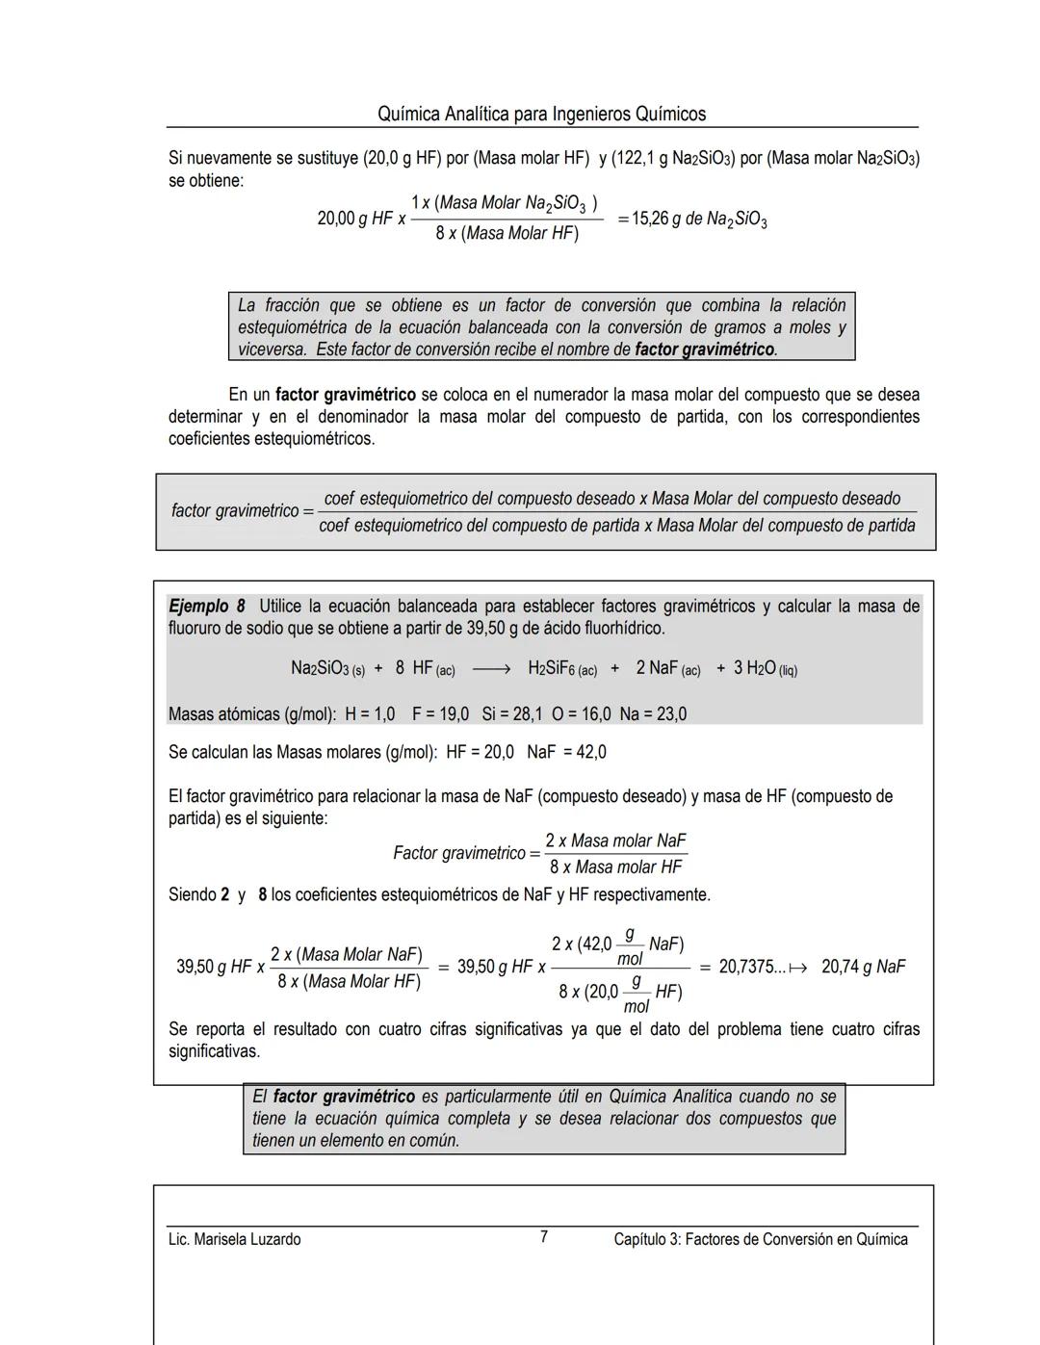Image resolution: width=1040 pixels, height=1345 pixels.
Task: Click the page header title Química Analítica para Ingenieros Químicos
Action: click(541, 114)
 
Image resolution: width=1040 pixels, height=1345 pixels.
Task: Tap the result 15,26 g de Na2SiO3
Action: click(699, 220)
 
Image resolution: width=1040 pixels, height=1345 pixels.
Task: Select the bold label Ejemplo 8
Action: click(207, 607)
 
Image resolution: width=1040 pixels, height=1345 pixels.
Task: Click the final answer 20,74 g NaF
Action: click(863, 967)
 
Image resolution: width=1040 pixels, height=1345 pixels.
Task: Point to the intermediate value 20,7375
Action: click(752, 967)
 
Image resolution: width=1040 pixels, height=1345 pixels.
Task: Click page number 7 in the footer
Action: click(544, 1237)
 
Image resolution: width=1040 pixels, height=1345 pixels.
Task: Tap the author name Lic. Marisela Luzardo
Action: click(234, 1239)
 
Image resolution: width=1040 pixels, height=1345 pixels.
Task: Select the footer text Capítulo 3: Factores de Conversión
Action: click(760, 1239)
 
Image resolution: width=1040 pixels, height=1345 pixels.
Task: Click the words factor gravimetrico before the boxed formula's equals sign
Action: click(235, 511)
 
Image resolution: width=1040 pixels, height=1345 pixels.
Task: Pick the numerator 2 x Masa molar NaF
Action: click(615, 841)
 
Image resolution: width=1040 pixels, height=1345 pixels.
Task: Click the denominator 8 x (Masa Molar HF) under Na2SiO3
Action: click(507, 234)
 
